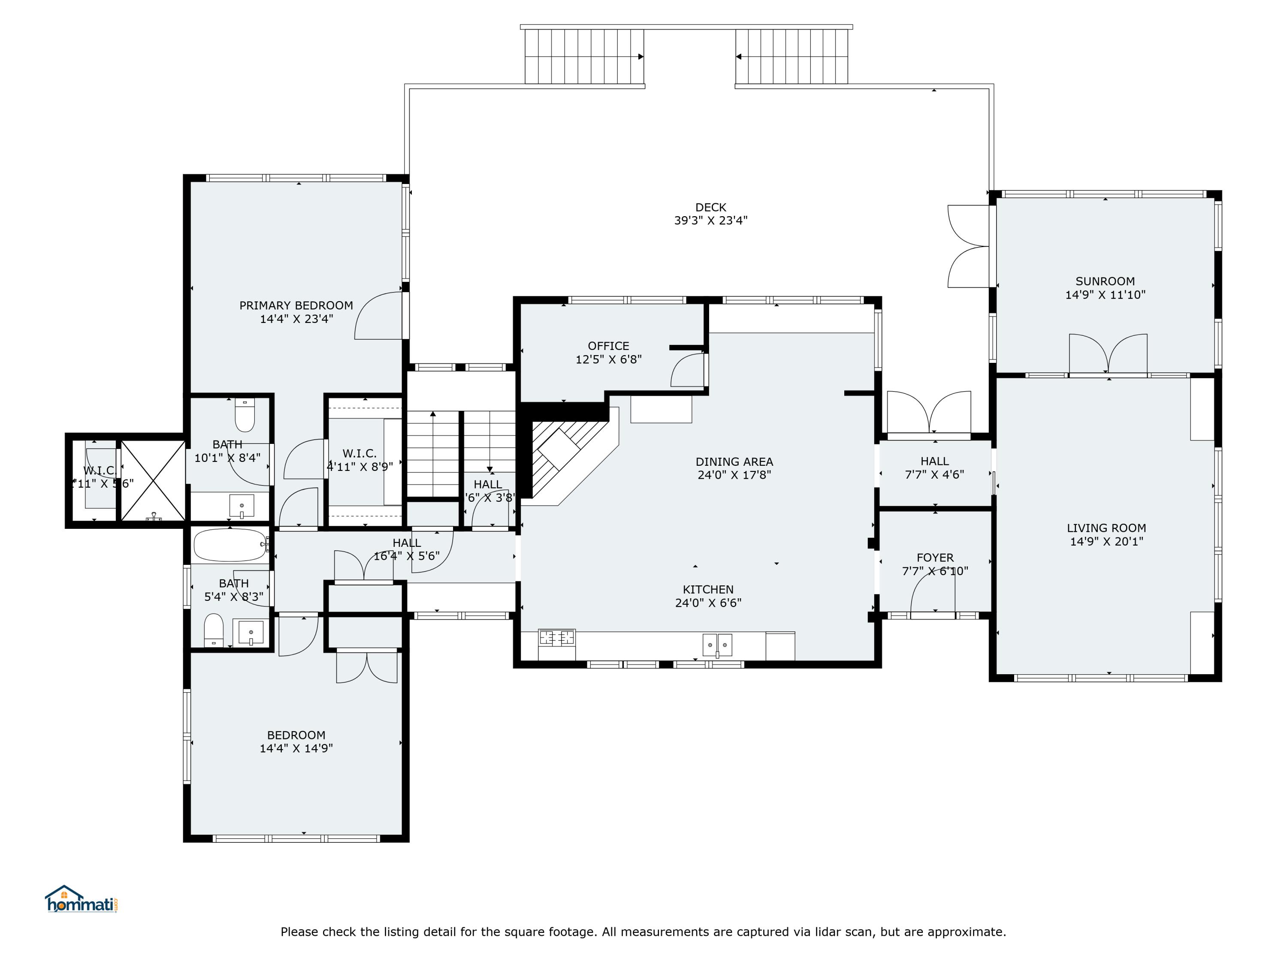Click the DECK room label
(710, 208)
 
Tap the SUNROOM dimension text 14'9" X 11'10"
(1105, 295)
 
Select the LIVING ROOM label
(1106, 528)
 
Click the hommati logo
(82, 900)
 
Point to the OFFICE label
(608, 346)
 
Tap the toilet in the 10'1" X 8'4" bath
(245, 415)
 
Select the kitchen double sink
(717, 645)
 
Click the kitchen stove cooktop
(556, 638)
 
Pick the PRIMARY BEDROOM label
(296, 306)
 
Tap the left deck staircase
(584, 57)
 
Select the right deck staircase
(792, 57)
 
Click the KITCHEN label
(708, 590)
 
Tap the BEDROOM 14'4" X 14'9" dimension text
(296, 748)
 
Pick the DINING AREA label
(734, 462)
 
